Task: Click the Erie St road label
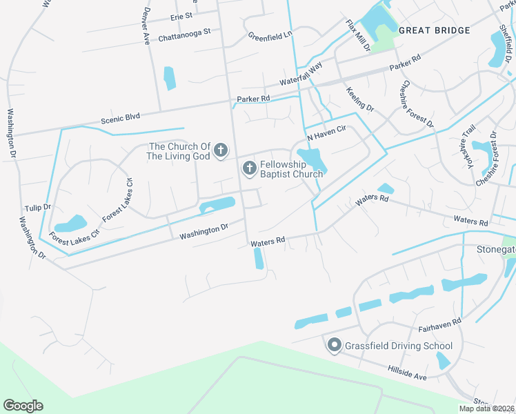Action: point(181,15)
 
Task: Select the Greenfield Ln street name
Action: point(270,34)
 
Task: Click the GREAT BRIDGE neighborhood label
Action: point(435,30)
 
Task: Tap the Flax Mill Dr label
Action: point(359,36)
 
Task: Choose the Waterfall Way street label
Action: point(301,74)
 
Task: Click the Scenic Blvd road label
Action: point(120,119)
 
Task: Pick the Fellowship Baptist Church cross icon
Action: point(249,168)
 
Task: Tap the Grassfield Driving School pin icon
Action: point(334,345)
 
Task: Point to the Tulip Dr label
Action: point(38,207)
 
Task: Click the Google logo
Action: point(23,405)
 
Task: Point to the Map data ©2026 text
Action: point(487,408)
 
